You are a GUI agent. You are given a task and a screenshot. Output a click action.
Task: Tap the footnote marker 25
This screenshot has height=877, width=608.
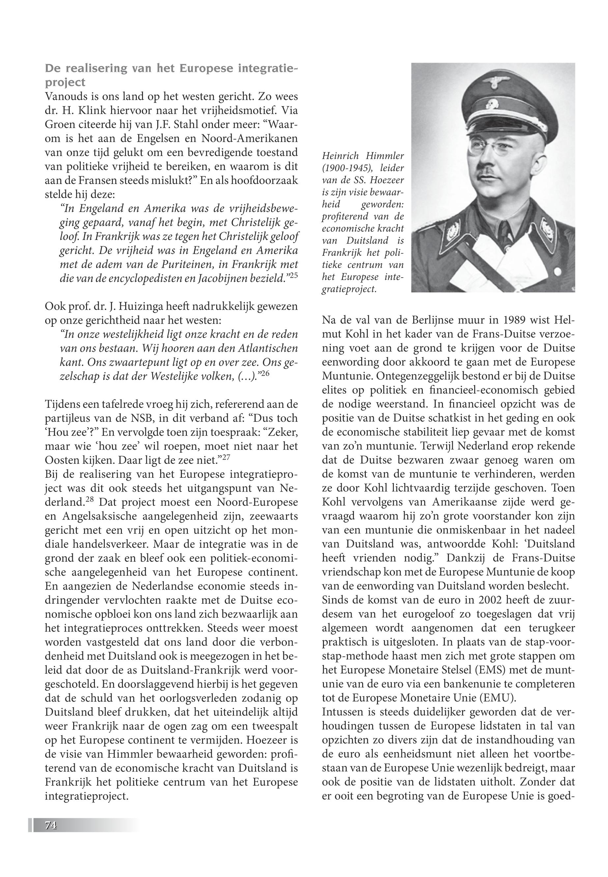pos(293,275)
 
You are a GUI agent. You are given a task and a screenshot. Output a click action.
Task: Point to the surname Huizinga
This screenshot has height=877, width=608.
pos(122,306)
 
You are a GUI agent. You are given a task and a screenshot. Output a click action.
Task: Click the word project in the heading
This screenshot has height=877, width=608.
pos(65,83)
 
